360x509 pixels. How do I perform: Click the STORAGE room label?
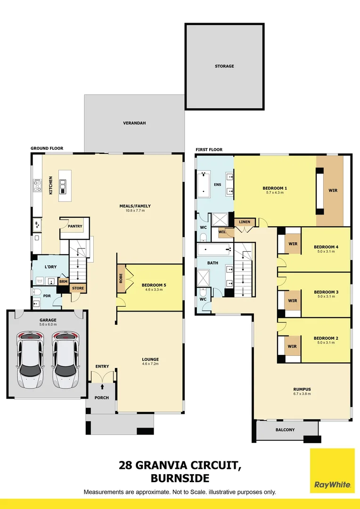[x=224, y=66]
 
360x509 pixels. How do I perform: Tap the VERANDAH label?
[x=134, y=123]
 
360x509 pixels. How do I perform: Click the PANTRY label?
[x=75, y=226]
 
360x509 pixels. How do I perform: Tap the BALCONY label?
[x=285, y=430]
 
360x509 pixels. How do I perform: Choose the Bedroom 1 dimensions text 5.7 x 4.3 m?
[x=275, y=193]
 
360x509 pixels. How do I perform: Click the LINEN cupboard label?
[x=245, y=222]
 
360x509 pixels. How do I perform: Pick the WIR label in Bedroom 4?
[x=293, y=244]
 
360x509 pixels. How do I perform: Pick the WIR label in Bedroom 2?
[x=292, y=346]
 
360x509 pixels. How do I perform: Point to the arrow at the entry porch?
[x=102, y=386]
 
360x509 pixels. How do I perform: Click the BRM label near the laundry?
[x=63, y=281]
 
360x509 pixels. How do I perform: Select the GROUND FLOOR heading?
[x=47, y=148]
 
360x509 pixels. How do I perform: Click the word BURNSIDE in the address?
[x=180, y=478]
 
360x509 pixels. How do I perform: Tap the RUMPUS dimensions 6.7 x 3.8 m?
[x=301, y=394]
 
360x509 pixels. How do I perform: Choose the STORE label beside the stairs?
[x=78, y=288]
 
